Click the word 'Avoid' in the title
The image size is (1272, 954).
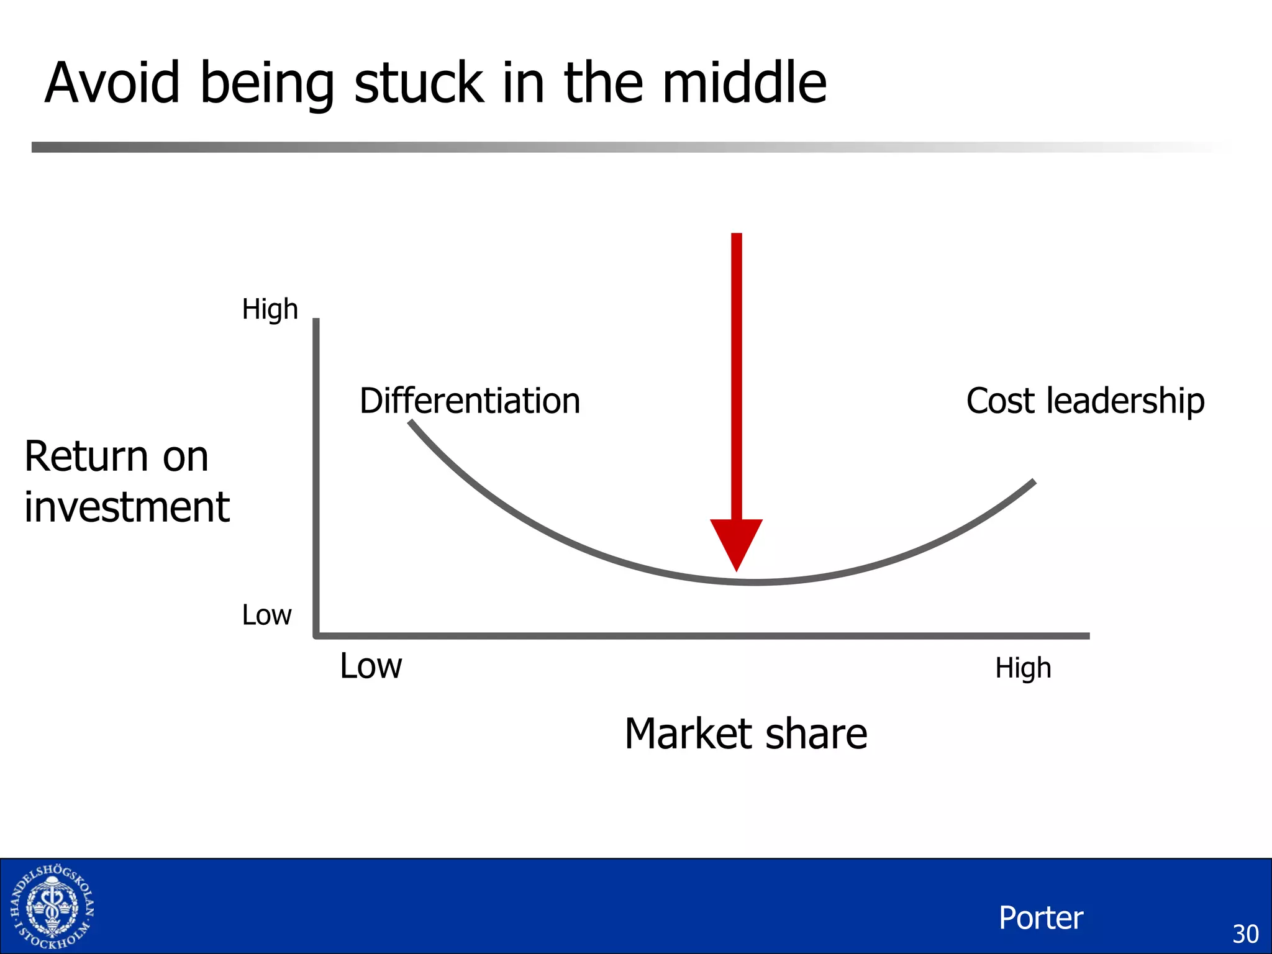pos(112,83)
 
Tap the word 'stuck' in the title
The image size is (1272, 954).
pos(419,83)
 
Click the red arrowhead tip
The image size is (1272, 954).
pos(737,568)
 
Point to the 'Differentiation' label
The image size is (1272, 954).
pos(470,401)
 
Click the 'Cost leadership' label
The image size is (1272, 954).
pos(1085,401)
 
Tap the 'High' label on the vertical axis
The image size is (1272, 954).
pos(270,309)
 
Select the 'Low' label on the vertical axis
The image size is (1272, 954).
pos(266,616)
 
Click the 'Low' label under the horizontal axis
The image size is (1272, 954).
pos(371,666)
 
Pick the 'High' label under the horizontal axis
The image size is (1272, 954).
pos(1023,668)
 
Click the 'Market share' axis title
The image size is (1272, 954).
pos(745,734)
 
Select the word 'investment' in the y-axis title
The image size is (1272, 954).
pos(127,507)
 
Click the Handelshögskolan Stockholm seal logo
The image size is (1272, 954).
pos(53,907)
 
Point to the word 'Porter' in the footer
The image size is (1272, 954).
pos(1041,918)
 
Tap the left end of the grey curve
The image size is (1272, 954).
pos(411,422)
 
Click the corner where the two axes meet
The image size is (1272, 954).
pos(317,635)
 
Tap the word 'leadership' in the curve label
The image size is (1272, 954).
pos(1125,401)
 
